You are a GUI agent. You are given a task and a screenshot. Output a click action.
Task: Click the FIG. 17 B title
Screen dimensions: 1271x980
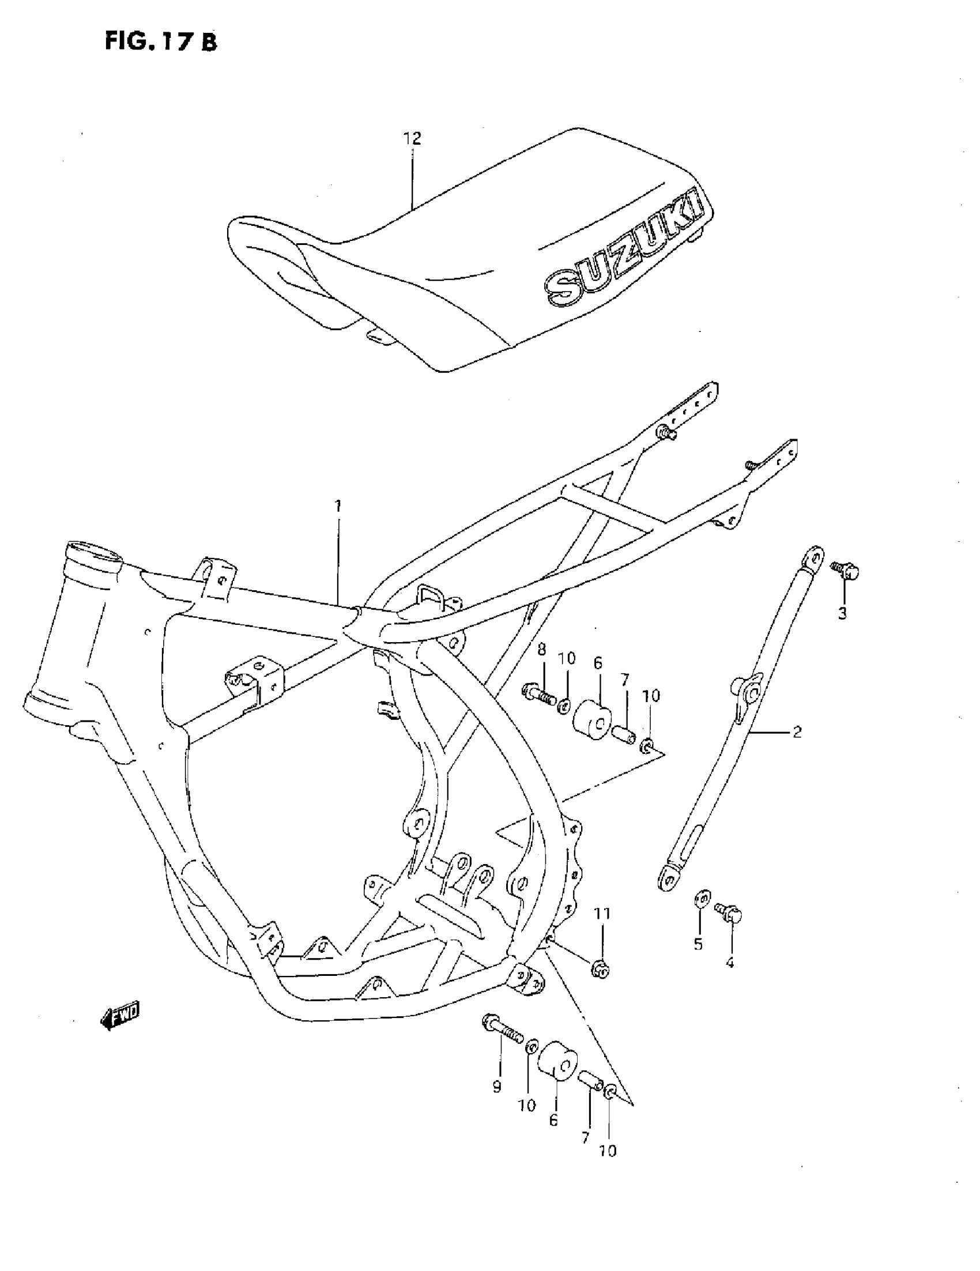[161, 42]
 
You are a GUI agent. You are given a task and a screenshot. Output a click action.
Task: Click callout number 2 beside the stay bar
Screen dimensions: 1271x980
[797, 731]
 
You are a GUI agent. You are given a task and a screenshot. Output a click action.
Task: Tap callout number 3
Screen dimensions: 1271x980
[842, 613]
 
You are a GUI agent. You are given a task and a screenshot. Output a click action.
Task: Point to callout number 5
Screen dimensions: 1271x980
[698, 944]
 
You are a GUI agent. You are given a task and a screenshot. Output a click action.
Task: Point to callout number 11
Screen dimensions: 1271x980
[602, 914]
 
